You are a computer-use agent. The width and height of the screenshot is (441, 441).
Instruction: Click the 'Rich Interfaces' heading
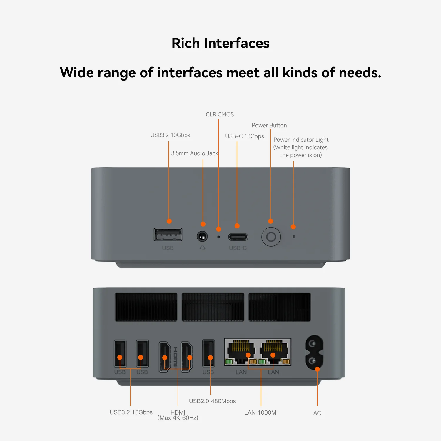pyautogui.click(x=220, y=43)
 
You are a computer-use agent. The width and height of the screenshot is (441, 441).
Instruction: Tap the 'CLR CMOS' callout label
pyautogui.click(x=220, y=114)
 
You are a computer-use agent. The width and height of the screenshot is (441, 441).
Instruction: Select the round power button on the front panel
pyautogui.click(x=271, y=237)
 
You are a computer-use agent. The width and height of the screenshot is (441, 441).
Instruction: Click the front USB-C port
pyautogui.click(x=238, y=237)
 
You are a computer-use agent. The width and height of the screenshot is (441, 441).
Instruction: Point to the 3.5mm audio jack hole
pyautogui.click(x=202, y=236)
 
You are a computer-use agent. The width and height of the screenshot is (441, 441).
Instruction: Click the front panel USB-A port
pyautogui.click(x=168, y=235)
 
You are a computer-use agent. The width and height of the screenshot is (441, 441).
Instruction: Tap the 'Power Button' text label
pyautogui.click(x=269, y=125)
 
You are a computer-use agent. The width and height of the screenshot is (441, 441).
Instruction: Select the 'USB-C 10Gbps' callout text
pyautogui.click(x=244, y=136)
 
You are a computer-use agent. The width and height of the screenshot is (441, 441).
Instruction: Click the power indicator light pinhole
pyautogui.click(x=294, y=237)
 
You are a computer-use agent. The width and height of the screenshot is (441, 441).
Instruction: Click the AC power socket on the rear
pyautogui.click(x=314, y=352)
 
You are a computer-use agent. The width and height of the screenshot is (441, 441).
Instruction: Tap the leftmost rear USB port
pyautogui.click(x=120, y=353)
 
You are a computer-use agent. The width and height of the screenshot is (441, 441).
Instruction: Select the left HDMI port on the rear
pyautogui.click(x=165, y=357)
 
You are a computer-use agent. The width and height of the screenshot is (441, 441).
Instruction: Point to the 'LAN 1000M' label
pyautogui.click(x=260, y=412)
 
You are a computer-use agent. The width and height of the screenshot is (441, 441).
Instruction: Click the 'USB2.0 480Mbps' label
pyautogui.click(x=212, y=401)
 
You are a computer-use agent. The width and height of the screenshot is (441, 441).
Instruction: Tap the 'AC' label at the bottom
pyautogui.click(x=317, y=413)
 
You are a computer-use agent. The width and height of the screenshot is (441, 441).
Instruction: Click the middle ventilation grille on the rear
pyautogui.click(x=213, y=307)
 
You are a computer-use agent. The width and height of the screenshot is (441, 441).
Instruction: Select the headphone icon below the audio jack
pyautogui.click(x=202, y=248)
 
